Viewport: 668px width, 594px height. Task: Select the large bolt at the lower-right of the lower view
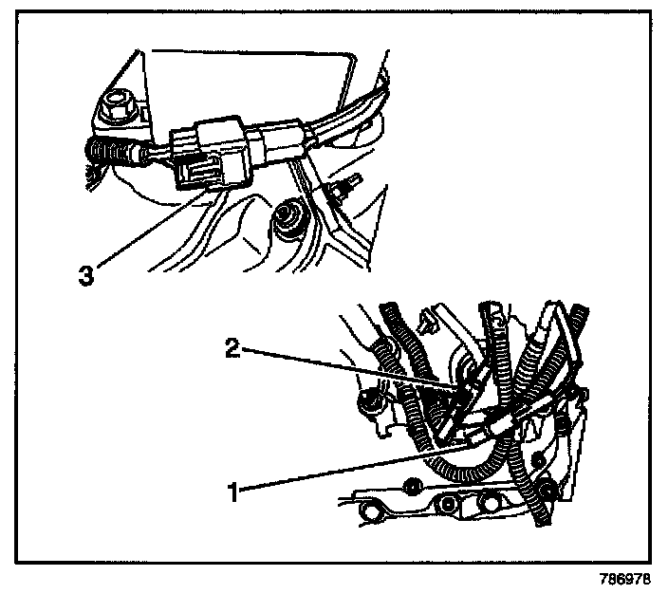[x=547, y=492]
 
